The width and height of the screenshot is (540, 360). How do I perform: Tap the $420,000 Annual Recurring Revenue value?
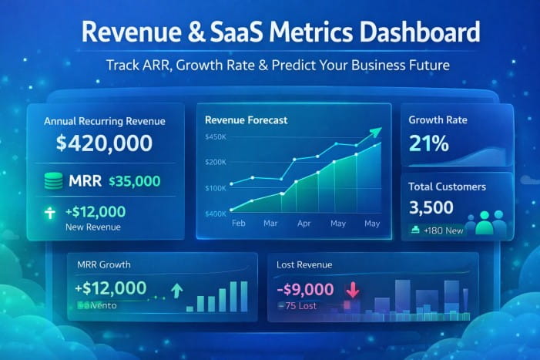point(104,143)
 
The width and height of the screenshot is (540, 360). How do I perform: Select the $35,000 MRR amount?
point(135,182)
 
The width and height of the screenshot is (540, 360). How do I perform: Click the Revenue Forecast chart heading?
point(246,119)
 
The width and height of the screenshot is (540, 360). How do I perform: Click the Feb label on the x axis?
point(239,223)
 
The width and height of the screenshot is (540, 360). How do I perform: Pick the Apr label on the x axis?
point(304,223)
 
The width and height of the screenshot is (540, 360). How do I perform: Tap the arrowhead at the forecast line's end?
point(375,133)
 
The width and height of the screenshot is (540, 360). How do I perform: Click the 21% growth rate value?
point(428,144)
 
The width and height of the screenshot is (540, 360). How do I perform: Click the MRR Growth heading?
point(104,264)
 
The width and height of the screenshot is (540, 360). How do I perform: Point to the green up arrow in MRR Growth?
point(176,290)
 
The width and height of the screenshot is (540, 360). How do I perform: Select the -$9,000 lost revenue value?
point(306,289)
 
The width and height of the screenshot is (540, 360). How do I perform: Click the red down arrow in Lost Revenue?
point(353,290)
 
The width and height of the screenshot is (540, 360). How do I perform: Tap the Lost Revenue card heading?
point(304,264)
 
